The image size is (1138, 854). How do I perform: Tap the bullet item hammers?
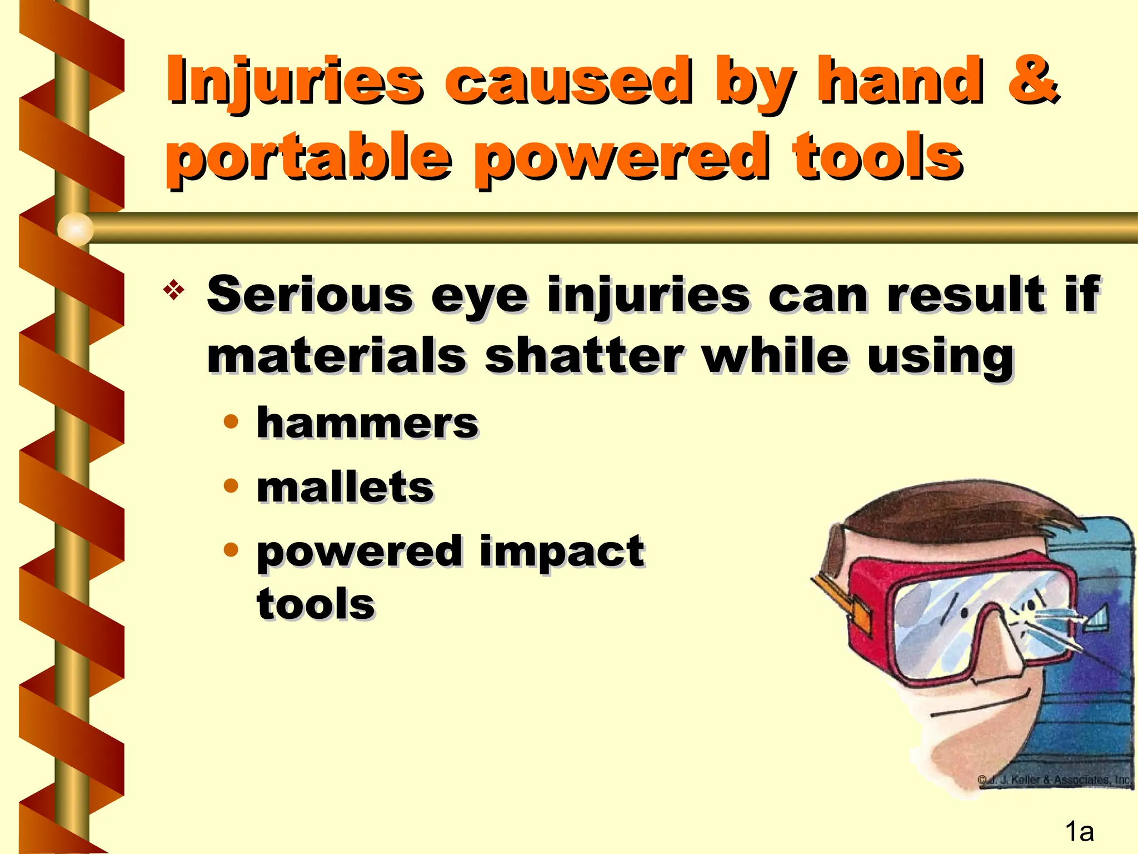pyautogui.click(x=367, y=424)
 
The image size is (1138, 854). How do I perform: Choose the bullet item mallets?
pyautogui.click(x=345, y=488)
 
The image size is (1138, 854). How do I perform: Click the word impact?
pyautogui.click(x=561, y=552)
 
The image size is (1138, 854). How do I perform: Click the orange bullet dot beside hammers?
pyautogui.click(x=231, y=421)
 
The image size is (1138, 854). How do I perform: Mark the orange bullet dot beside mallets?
pyautogui.click(x=231, y=486)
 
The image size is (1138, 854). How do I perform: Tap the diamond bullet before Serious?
pyautogui.click(x=174, y=290)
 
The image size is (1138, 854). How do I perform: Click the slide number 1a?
pyautogui.click(x=1079, y=832)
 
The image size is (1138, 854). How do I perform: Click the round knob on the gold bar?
pyautogui.click(x=76, y=229)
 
